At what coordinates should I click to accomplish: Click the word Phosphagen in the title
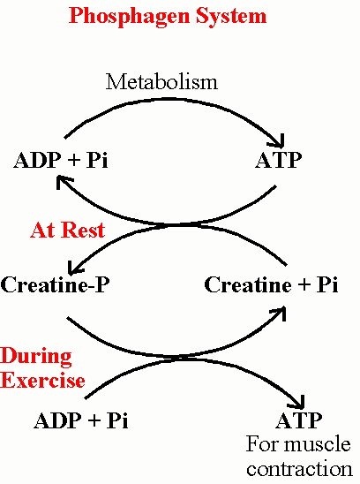coord(129,17)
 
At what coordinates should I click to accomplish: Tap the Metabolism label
coord(162,82)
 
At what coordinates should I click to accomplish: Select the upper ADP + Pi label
coord(61,160)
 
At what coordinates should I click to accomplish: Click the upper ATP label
coord(278,160)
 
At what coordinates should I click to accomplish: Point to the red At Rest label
coord(68,230)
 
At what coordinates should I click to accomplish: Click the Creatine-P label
coord(55,284)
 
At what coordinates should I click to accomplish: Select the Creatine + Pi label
coord(271,284)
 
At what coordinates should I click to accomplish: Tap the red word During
coord(36,357)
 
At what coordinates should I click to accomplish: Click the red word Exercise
coord(42,380)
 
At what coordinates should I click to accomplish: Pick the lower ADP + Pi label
coord(81,420)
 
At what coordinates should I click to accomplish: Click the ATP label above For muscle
coord(298,420)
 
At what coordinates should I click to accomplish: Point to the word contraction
coord(299,469)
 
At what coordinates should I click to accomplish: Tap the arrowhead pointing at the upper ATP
coord(278,141)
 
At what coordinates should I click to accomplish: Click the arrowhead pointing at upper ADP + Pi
coord(64,182)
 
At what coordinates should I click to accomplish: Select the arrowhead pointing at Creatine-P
coord(76,268)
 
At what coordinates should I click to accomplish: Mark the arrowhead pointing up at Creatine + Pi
coord(279,313)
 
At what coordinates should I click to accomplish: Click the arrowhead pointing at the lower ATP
coord(297,403)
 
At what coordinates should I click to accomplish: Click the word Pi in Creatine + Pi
coord(327,284)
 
